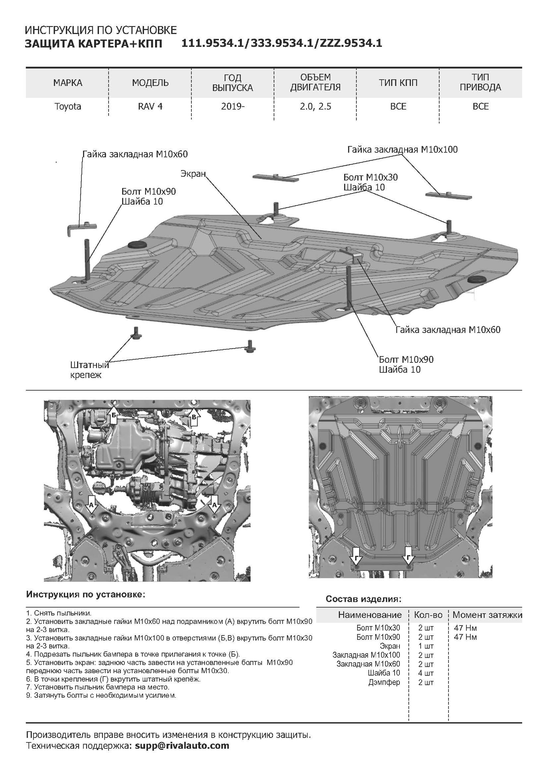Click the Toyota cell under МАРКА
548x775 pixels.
[x=68, y=107]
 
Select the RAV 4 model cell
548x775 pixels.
[x=150, y=107]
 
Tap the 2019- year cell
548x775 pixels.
[x=233, y=107]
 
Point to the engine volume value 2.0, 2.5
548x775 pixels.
[x=315, y=107]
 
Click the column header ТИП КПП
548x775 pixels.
[x=398, y=83]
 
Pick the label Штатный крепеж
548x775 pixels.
[x=89, y=370]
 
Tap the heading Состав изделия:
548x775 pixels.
[x=363, y=599]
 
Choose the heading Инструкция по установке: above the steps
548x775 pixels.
[x=86, y=595]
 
